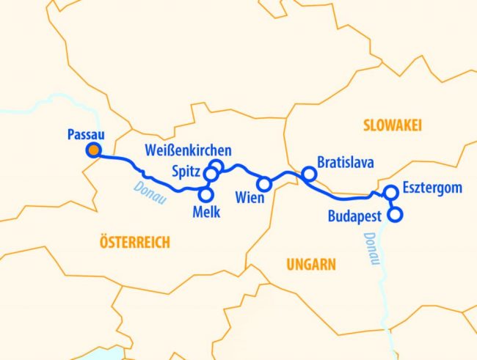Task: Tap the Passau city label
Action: [x=84, y=134]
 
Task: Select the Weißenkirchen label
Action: [x=189, y=150]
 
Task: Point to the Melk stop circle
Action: [x=206, y=194]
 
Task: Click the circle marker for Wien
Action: [x=264, y=183]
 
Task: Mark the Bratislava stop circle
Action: [x=309, y=174]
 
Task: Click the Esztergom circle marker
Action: [x=390, y=193]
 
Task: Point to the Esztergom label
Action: [x=432, y=188]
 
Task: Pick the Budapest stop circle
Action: [x=395, y=215]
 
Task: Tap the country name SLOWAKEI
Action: [x=393, y=127]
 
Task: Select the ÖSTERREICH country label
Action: [x=134, y=241]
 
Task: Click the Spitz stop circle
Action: [x=211, y=175]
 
